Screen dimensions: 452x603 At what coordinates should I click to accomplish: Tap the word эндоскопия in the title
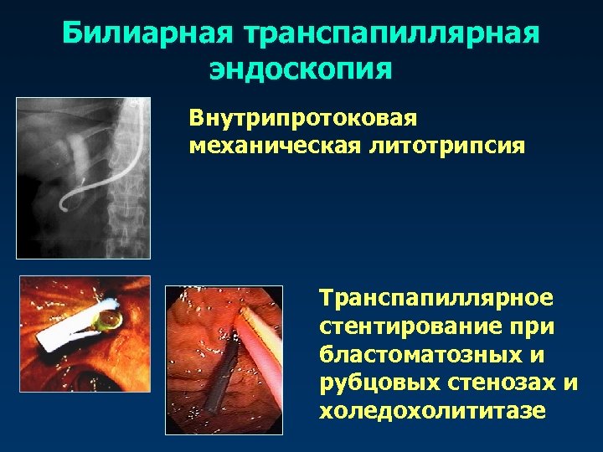(301, 68)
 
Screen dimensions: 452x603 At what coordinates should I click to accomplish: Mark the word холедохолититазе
(431, 412)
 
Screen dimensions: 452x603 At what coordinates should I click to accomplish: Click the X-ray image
(83, 177)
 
